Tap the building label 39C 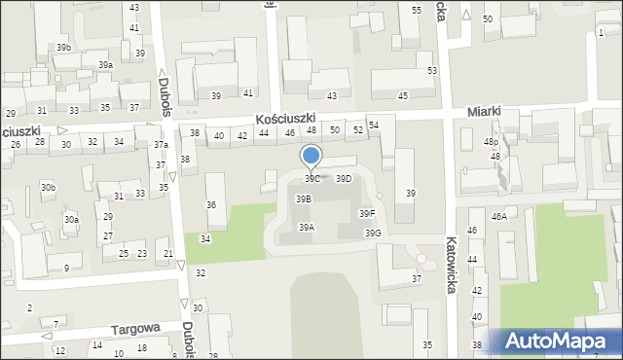tap(312, 179)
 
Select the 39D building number tap(344, 179)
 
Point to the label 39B tap(304, 198)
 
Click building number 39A tap(306, 228)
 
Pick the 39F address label tap(367, 214)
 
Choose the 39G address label tap(373, 234)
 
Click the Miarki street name tap(484, 112)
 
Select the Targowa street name tap(134, 329)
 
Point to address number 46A tap(499, 217)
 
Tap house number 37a tap(161, 145)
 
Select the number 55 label tap(417, 10)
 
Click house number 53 tap(431, 71)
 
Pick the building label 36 tap(211, 205)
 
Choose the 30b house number tap(48, 187)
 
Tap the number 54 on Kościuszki tap(373, 126)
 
